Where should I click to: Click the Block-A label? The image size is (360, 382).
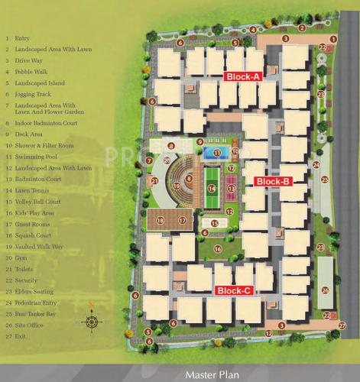click(243, 77)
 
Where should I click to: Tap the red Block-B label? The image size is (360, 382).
click(271, 181)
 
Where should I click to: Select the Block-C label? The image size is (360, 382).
click(233, 290)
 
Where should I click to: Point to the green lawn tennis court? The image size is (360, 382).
click(212, 186)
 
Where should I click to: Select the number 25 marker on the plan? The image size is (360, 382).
click(325, 179)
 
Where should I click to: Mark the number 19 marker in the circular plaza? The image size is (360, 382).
click(177, 186)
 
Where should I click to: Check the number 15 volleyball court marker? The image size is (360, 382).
click(216, 223)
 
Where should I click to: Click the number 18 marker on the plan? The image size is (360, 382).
click(161, 220)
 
